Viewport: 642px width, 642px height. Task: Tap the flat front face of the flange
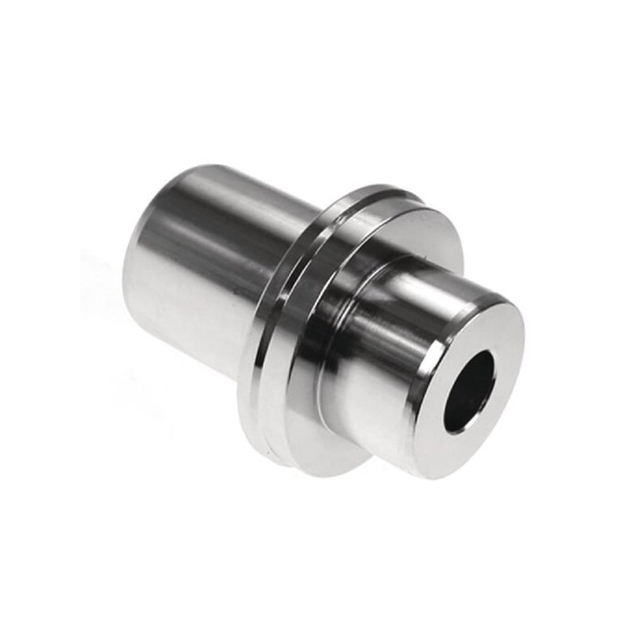click(433, 233)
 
